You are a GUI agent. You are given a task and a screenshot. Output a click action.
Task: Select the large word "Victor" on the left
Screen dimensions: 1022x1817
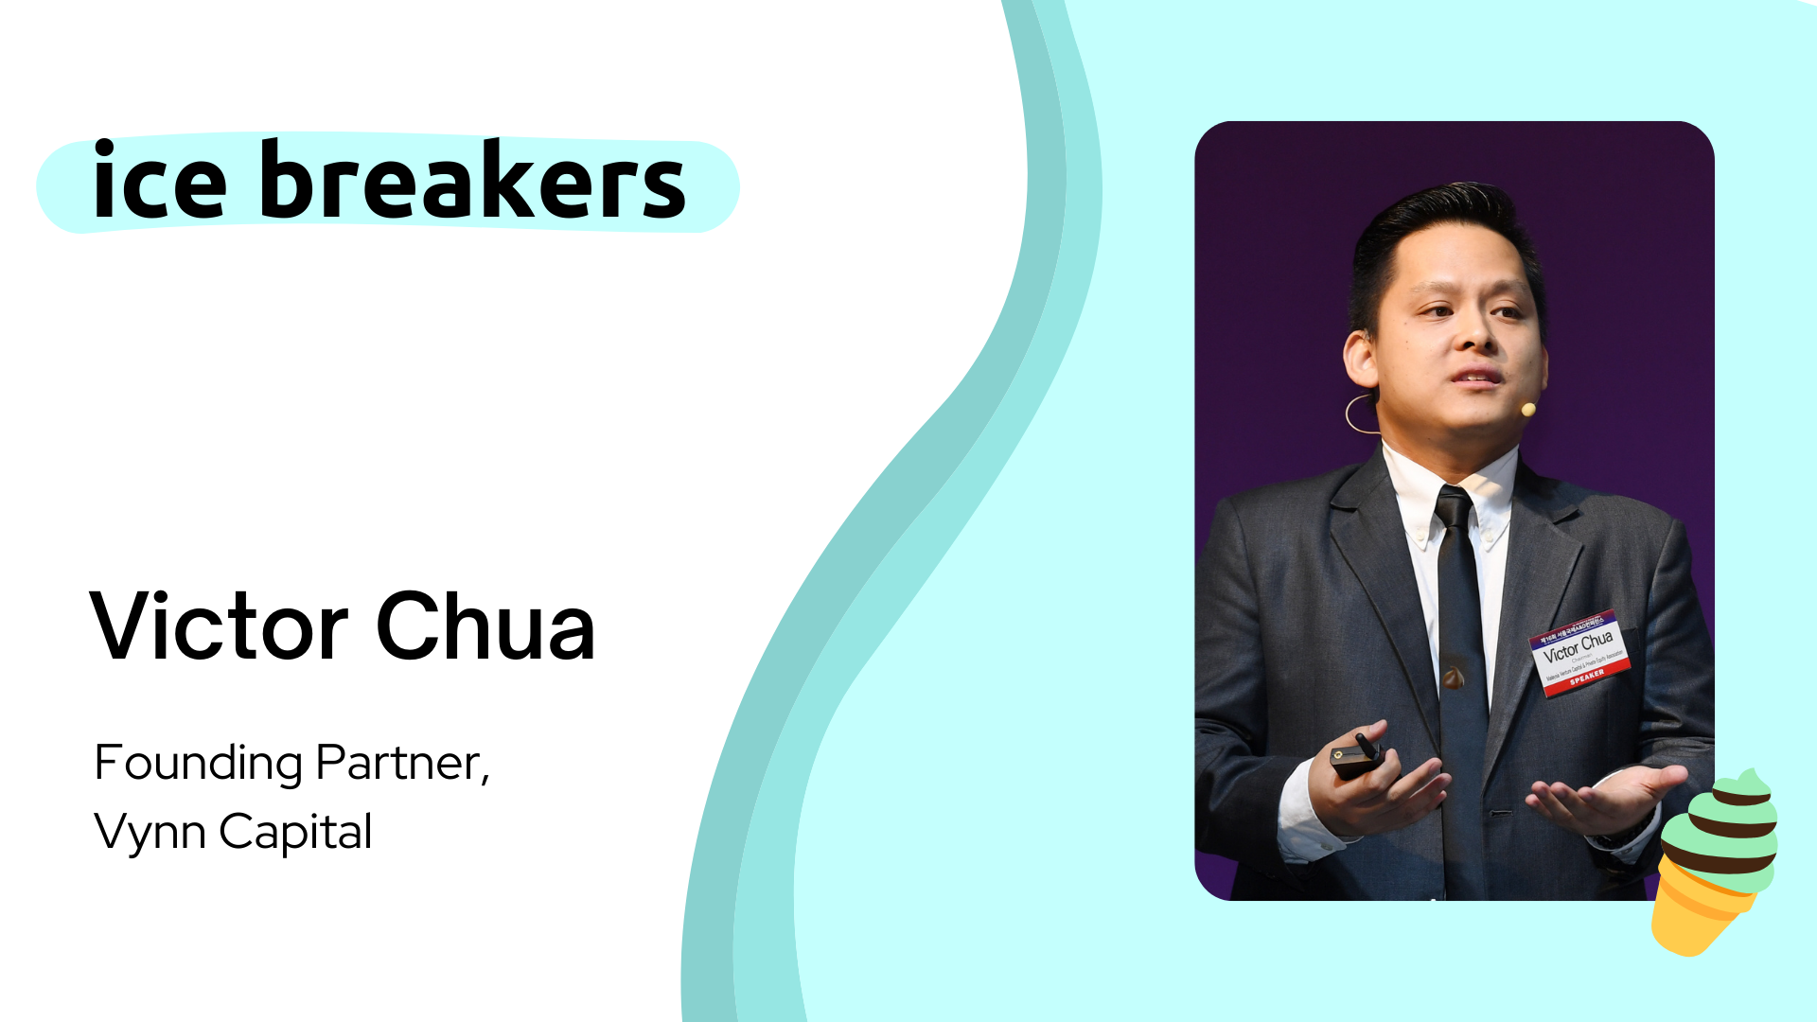(220, 626)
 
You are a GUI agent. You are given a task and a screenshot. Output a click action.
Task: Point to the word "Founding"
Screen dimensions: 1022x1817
(198, 763)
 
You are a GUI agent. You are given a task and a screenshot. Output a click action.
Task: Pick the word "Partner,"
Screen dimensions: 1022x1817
(402, 763)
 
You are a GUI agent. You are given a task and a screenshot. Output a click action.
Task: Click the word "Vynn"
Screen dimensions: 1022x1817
(150, 832)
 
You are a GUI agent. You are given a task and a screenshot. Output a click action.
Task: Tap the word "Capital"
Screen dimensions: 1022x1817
(295, 832)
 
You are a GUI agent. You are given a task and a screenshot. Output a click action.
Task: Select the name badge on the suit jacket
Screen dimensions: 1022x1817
(1579, 652)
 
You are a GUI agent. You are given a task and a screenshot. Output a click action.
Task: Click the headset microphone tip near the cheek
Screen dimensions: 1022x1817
(1527, 409)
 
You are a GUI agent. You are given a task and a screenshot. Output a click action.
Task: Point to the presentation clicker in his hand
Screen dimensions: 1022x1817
(1357, 757)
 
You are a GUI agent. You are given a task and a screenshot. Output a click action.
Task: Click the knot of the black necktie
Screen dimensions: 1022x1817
(1454, 507)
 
